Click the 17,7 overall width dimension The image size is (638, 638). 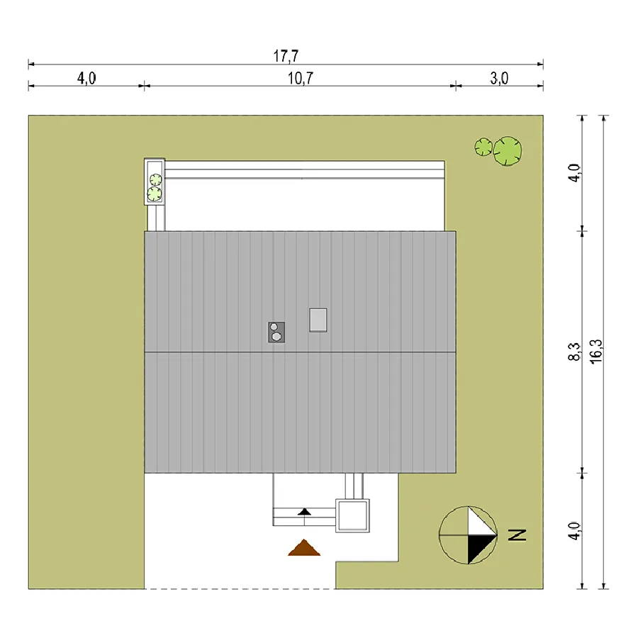(286, 56)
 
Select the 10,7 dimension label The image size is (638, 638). (301, 78)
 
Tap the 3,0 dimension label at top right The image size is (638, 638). (499, 78)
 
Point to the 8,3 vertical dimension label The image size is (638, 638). (574, 352)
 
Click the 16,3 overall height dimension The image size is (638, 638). (596, 352)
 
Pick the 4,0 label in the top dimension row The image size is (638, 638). (86, 78)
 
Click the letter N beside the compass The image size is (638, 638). (517, 535)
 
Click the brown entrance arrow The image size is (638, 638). (304, 548)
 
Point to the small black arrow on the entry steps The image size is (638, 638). (304, 511)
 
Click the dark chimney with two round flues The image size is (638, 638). (276, 332)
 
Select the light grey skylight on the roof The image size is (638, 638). (318, 320)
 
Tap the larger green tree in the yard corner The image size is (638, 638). (508, 151)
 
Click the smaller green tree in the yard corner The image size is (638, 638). (483, 147)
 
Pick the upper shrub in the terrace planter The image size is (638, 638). (155, 179)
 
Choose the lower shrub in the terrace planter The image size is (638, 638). (155, 194)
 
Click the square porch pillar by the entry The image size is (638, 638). (352, 515)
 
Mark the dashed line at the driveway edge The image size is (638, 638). (240, 589)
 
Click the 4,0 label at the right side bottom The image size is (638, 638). (574, 530)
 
